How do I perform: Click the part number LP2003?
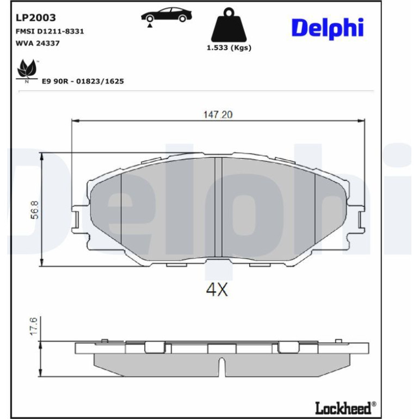(35, 17)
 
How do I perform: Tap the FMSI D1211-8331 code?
(50, 31)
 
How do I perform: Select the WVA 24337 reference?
(38, 43)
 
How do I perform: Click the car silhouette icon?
(167, 16)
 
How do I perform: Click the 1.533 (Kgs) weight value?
(229, 48)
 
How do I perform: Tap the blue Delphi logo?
(328, 28)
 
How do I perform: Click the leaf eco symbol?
(27, 70)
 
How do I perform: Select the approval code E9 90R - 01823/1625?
(83, 81)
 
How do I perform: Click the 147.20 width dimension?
(218, 115)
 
